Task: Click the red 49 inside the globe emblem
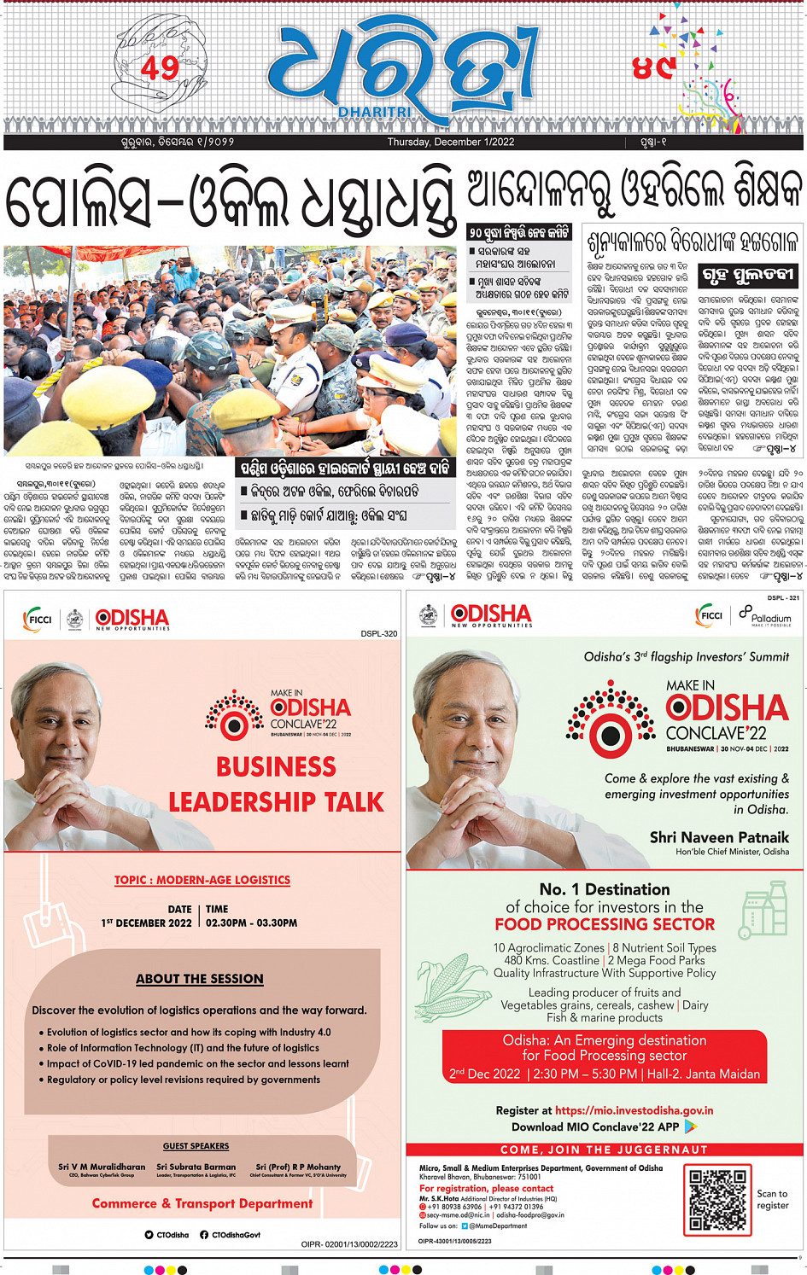click(x=160, y=68)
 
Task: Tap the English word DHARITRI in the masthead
click(x=374, y=113)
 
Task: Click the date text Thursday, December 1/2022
click(x=450, y=143)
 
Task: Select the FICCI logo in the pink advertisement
click(x=38, y=619)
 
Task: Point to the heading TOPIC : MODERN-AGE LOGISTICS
click(x=202, y=880)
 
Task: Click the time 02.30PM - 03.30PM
click(x=251, y=923)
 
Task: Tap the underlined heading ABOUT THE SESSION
click(x=200, y=979)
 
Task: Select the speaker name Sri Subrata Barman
click(x=196, y=1167)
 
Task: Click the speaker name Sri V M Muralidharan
click(x=102, y=1167)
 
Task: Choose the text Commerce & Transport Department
click(x=202, y=1203)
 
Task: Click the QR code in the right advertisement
click(x=716, y=1199)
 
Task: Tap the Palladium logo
click(x=765, y=615)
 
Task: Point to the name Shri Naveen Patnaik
click(x=719, y=837)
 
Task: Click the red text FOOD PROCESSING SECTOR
click(x=605, y=924)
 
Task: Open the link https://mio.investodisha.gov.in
click(x=634, y=1110)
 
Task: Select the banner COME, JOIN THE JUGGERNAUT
click(x=604, y=1150)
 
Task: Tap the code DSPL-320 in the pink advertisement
click(x=378, y=634)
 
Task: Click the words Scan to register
click(x=772, y=1199)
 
